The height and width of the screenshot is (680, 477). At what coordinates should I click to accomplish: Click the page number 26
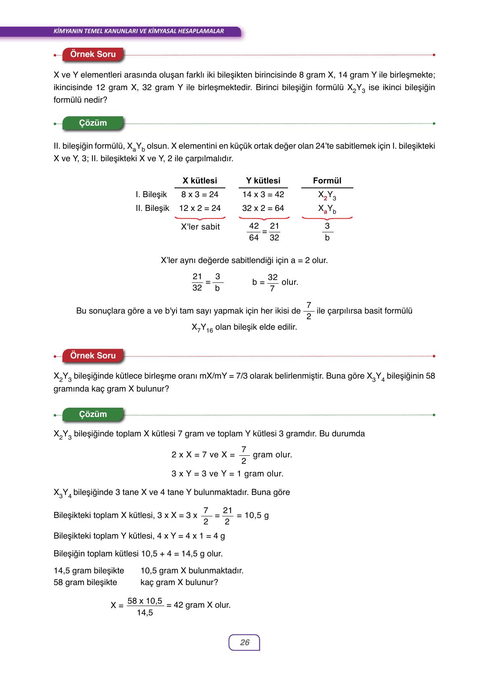tap(244, 642)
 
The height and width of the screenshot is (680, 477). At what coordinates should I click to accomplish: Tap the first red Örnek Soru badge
tap(93, 55)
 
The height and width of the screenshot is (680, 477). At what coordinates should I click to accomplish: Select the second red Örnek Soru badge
tap(93, 356)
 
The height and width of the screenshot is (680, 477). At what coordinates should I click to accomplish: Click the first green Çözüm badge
tap(93, 123)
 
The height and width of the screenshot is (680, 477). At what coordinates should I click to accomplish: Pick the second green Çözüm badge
tap(93, 415)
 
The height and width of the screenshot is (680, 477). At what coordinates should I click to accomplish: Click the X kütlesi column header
tap(200, 181)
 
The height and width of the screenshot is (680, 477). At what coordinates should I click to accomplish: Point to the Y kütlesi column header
tap(263, 181)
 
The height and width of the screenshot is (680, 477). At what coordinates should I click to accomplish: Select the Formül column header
tap(327, 181)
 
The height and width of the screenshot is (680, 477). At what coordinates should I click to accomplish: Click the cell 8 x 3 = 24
tap(200, 195)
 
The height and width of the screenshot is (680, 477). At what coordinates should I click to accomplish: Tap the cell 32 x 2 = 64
tap(263, 208)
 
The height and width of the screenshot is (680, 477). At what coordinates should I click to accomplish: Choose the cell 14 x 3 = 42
tap(263, 195)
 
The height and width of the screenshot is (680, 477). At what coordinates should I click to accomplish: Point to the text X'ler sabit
tap(200, 227)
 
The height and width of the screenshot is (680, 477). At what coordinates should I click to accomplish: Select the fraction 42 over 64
tap(254, 232)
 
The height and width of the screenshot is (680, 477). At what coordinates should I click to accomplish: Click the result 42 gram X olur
tap(202, 605)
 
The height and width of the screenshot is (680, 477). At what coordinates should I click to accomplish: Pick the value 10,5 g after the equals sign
tap(257, 516)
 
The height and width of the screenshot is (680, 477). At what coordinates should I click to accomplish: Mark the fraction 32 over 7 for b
tap(273, 282)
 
